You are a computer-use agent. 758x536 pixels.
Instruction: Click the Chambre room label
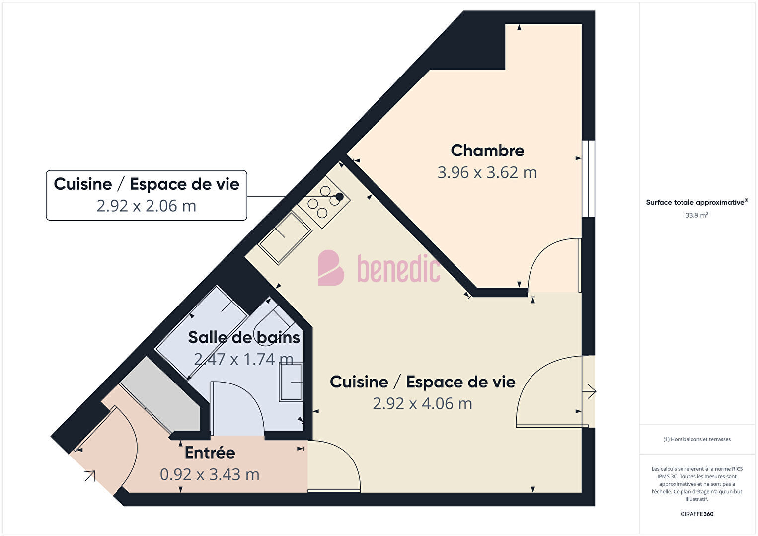click(x=487, y=151)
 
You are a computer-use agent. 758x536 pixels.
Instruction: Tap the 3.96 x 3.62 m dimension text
click(x=487, y=172)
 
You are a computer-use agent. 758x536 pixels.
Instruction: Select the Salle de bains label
click(x=244, y=337)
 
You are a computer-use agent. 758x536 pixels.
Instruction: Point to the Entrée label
click(x=210, y=453)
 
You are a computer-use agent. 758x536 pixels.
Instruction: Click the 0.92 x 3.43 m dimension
click(x=210, y=474)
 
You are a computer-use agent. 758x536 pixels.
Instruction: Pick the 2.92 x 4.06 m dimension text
click(x=422, y=404)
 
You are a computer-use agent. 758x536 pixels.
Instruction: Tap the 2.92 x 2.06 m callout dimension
click(x=146, y=206)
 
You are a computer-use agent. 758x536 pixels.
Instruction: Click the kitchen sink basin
click(x=285, y=237)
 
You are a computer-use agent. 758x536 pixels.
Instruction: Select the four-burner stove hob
click(x=324, y=202)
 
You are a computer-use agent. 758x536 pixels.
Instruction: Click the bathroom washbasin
click(x=291, y=382)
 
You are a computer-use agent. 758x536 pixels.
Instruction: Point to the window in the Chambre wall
click(x=589, y=178)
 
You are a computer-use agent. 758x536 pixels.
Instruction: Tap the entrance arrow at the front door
click(x=90, y=476)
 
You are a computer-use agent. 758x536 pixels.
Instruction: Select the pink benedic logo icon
click(x=330, y=268)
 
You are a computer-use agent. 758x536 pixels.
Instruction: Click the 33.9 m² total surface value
click(x=697, y=215)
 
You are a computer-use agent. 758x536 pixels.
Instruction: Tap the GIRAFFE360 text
click(x=697, y=514)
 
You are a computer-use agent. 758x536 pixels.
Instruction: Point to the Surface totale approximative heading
click(x=697, y=202)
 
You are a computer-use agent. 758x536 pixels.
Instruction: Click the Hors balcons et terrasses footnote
click(x=697, y=439)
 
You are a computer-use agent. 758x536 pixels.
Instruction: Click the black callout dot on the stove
click(x=339, y=197)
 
